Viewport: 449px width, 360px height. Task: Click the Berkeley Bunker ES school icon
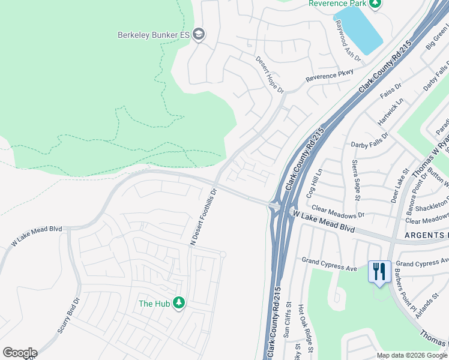coord(199,35)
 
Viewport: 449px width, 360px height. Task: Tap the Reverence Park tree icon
coord(375,4)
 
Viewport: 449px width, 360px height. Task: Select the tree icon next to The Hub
coord(178,303)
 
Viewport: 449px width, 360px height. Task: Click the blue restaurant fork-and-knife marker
coord(379,271)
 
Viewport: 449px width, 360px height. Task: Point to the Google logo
coord(20,353)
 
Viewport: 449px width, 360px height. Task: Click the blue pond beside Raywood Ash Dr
coord(358,29)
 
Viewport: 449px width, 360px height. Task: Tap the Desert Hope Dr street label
coord(270,75)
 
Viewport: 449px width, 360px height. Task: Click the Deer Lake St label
coord(399,185)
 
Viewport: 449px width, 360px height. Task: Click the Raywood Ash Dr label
coord(348,41)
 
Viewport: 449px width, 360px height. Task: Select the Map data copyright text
coord(412,355)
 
